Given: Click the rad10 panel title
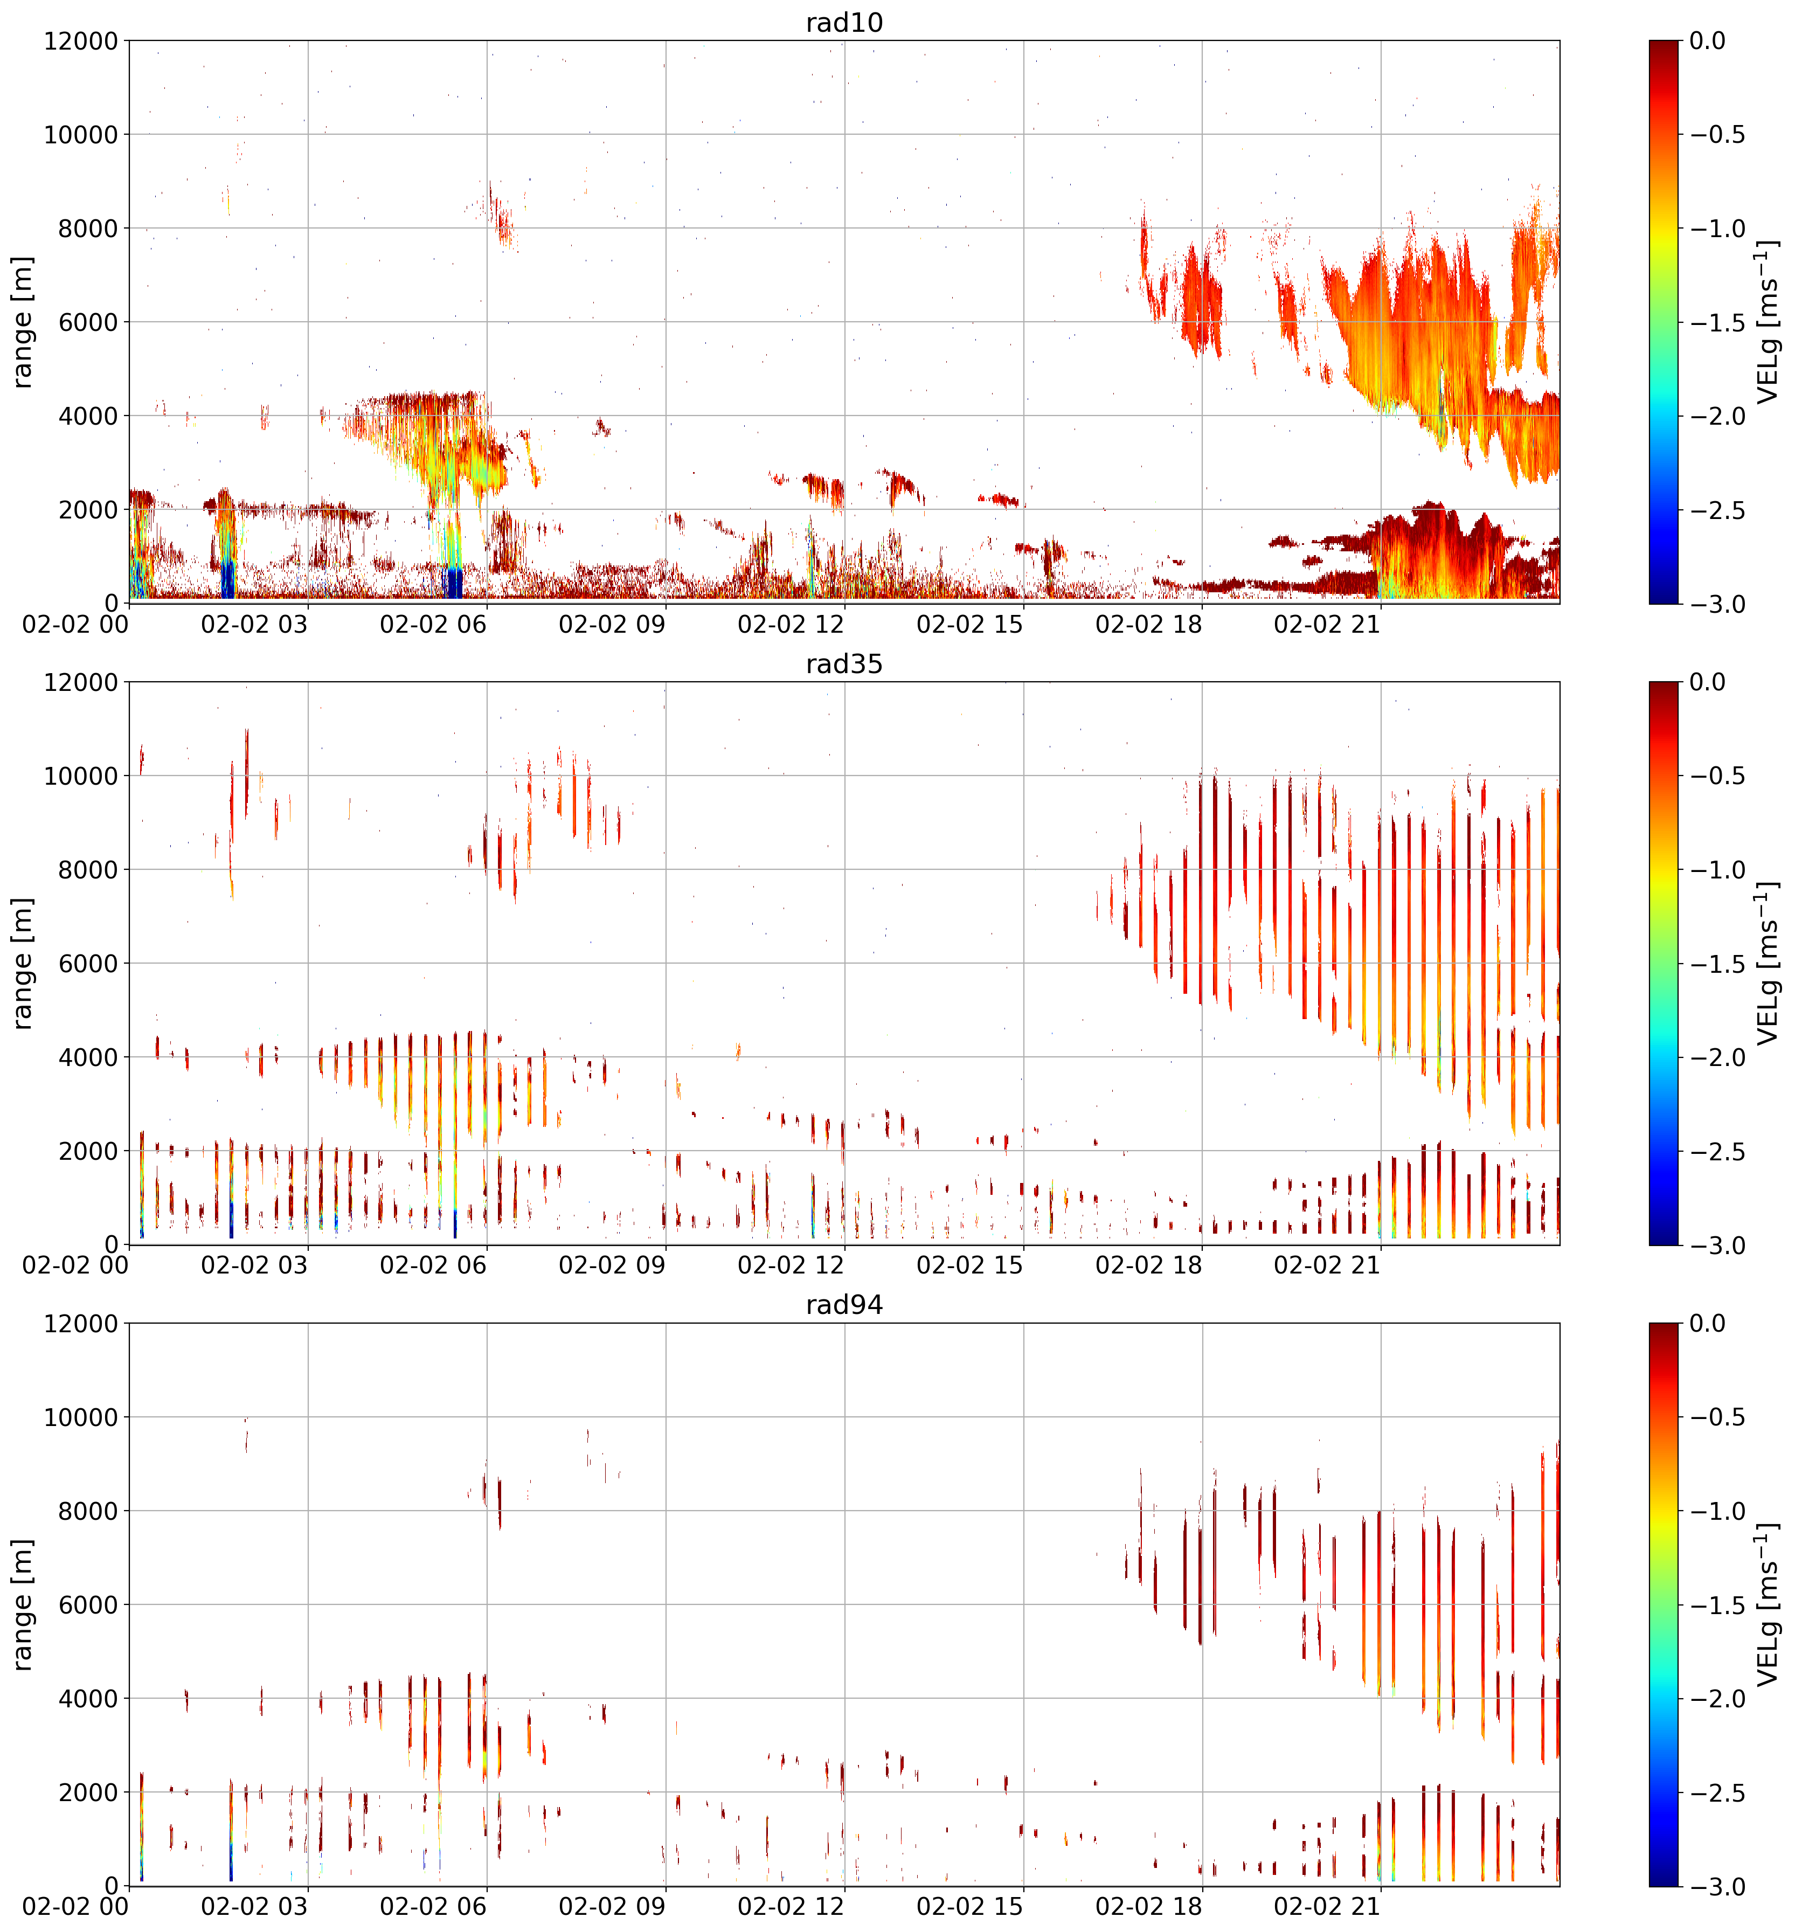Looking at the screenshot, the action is pyautogui.click(x=844, y=22).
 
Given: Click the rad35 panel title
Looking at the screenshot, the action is pyautogui.click(x=844, y=663).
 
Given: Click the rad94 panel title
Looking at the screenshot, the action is pyautogui.click(x=844, y=1305).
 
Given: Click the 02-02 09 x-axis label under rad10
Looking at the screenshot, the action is pyautogui.click(x=612, y=625).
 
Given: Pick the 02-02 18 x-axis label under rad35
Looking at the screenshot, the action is pyautogui.click(x=1149, y=1265).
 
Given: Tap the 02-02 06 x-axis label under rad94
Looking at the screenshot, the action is pyautogui.click(x=433, y=1907).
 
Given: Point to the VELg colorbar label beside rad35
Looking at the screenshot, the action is pyautogui.click(x=1769, y=964).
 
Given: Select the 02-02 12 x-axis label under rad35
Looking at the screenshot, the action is pyautogui.click(x=791, y=1265).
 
